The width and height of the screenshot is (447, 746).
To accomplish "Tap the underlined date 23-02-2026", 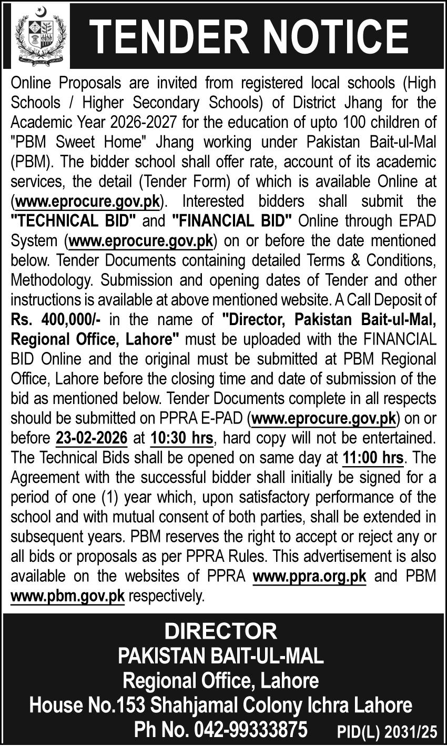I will point(91,438).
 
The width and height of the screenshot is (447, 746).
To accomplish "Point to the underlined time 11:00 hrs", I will point(372,458).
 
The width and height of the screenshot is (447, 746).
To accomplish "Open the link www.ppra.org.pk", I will point(309,576).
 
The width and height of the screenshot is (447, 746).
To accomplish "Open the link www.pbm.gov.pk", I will point(68,596).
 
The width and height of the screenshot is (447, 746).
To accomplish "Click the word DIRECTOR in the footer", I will point(220,631).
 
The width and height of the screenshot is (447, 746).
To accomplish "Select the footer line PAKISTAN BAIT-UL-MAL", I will point(220,656).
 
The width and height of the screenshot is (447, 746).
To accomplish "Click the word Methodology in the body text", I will point(55,280).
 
